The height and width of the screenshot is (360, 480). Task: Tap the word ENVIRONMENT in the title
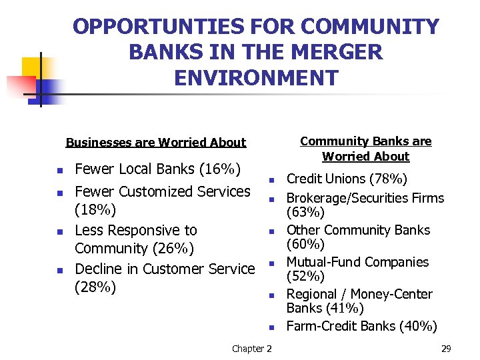coord(256,77)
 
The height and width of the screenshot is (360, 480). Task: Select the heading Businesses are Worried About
coord(156,142)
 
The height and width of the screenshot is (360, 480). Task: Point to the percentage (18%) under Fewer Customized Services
coord(95,211)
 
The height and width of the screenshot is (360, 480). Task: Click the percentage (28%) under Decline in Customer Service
coord(95,287)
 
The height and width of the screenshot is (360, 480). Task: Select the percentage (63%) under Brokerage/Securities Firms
coord(305,213)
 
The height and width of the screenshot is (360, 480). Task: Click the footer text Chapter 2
coord(251,349)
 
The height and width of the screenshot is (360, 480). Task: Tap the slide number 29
coord(446,349)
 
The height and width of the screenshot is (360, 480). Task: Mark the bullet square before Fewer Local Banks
coord(59,171)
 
